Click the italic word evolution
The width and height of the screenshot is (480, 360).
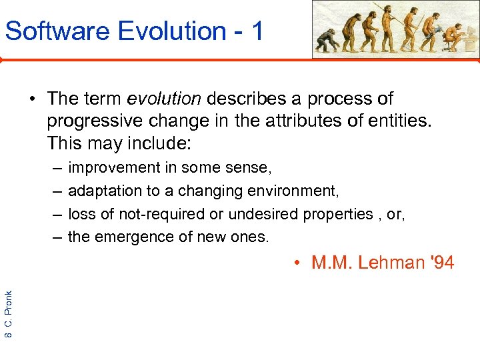(x=163, y=99)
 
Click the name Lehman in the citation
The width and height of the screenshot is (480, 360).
(x=389, y=263)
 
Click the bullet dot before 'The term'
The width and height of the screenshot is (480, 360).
(x=32, y=99)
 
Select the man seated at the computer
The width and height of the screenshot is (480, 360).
(x=455, y=37)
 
